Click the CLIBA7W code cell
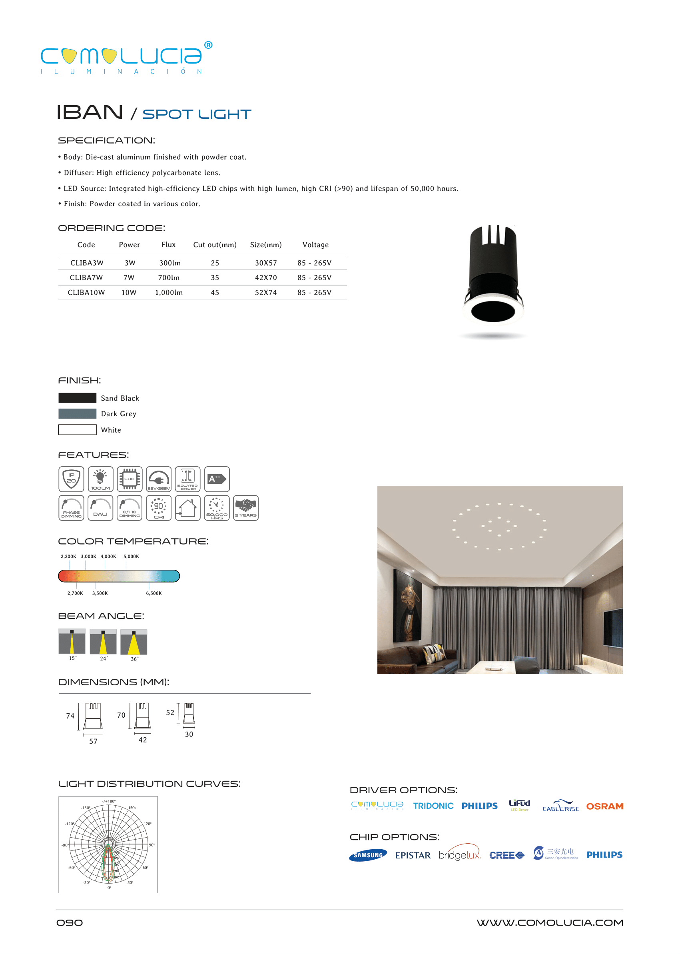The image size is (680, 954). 86,277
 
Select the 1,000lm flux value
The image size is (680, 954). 169,293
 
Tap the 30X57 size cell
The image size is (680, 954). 266,263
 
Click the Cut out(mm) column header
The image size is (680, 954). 215,245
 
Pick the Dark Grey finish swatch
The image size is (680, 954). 78,414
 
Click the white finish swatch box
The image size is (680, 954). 78,430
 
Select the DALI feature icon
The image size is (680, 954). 100,508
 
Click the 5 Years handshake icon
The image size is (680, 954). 246,508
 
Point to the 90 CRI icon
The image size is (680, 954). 159,508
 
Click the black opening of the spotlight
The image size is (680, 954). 493,311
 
